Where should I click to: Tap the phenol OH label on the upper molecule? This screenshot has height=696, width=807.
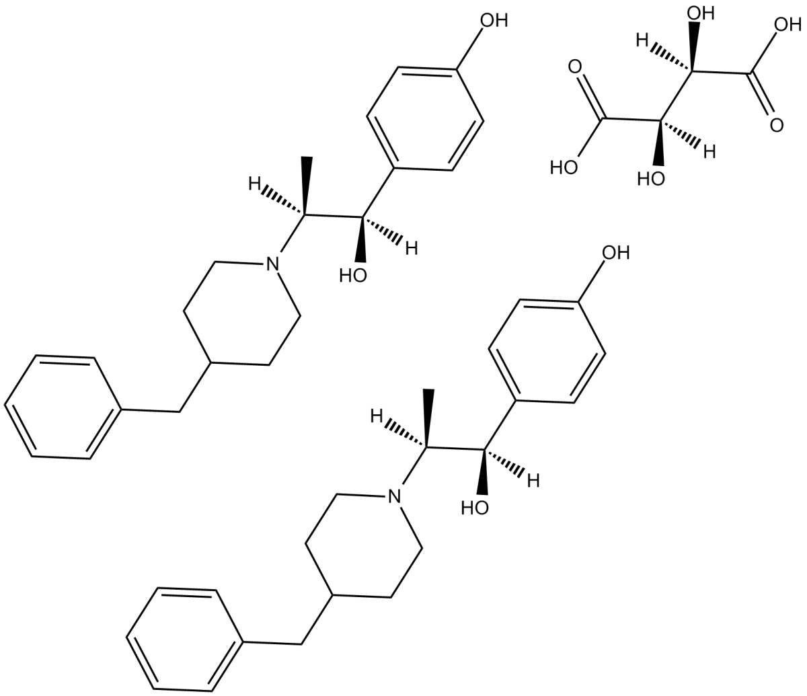point(494,20)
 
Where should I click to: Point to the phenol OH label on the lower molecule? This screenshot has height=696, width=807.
point(616,253)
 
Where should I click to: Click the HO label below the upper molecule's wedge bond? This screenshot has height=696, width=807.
point(353,276)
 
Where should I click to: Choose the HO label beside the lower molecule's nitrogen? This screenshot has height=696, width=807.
point(475,508)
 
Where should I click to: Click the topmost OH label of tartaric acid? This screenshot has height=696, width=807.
point(701,13)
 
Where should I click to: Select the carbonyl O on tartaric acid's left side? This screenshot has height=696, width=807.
point(574,67)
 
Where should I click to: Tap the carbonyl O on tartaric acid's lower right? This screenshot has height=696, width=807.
point(777,126)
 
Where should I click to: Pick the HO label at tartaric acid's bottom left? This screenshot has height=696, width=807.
point(564,168)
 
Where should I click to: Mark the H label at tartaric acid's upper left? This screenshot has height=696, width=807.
point(642,40)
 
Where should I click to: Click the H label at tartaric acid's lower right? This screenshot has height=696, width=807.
point(709,151)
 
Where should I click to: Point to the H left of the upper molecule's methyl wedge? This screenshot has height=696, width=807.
point(255,184)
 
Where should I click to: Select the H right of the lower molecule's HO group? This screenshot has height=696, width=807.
point(533,481)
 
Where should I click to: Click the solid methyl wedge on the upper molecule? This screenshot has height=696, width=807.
point(307,186)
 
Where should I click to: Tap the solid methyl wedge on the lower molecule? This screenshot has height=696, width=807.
point(429,418)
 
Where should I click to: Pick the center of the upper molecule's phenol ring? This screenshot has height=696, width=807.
point(425,118)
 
